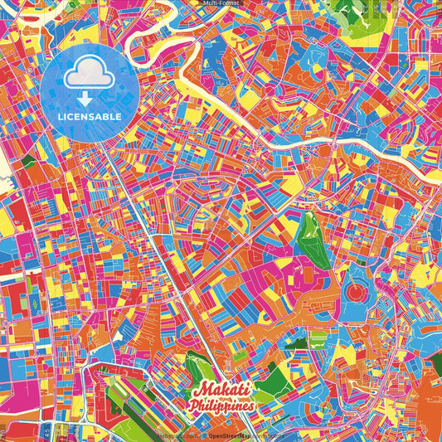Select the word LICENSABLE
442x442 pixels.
(x=89, y=116)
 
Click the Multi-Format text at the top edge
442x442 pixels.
(x=221, y=3)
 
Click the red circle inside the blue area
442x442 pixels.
(x=357, y=293)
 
